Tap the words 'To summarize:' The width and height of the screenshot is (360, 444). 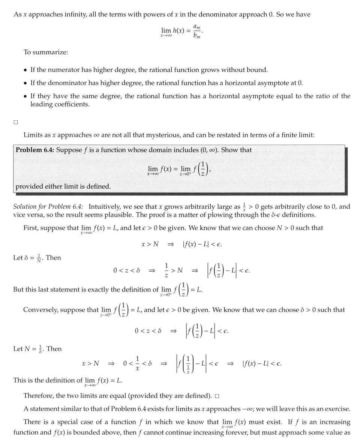click(45, 52)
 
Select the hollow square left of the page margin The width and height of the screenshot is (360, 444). click(15, 122)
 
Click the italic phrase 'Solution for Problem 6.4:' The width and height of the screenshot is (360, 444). click(48, 206)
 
